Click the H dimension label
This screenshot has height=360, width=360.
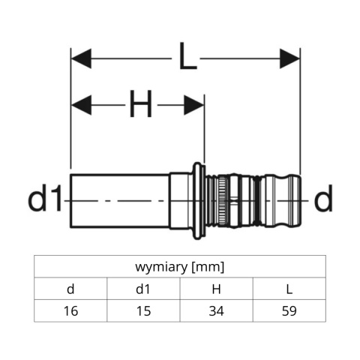click(139, 105)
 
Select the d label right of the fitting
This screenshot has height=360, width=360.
click(322, 199)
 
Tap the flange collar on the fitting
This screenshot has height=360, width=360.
click(196, 200)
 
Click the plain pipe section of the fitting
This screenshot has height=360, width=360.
click(120, 200)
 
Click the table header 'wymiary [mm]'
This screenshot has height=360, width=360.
click(180, 266)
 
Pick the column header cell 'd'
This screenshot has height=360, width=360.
click(70, 289)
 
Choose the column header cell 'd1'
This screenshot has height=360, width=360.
click(144, 289)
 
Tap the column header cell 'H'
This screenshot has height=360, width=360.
click(217, 289)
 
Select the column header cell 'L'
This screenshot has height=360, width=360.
click(289, 289)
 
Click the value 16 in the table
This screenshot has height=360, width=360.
click(70, 310)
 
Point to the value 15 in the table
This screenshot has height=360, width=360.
click(144, 310)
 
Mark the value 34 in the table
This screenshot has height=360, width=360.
click(217, 310)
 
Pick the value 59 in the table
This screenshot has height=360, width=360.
click(289, 310)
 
